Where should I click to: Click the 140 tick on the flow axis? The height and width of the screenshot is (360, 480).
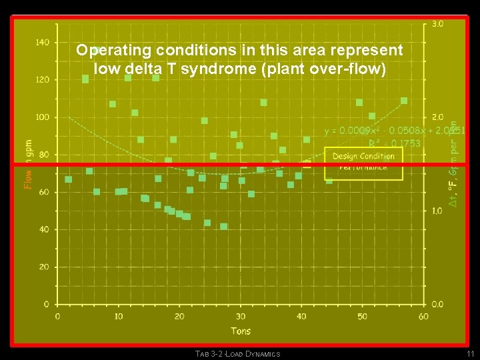(42, 42)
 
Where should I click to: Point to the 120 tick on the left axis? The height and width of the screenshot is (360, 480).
(42, 79)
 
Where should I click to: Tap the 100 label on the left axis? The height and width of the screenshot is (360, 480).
(42, 117)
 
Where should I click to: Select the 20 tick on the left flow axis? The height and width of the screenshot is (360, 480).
(44, 267)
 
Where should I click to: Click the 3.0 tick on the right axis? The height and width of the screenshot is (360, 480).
(438, 23)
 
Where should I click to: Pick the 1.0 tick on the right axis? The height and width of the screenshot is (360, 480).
(438, 211)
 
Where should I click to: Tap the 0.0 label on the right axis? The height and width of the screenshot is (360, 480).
(438, 304)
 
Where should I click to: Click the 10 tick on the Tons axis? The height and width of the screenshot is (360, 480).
(118, 316)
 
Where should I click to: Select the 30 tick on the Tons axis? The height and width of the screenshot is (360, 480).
(241, 316)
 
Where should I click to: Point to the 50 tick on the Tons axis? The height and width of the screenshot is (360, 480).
(363, 316)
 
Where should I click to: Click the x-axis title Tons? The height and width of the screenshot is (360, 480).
(241, 331)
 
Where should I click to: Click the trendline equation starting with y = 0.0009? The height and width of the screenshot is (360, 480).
(393, 131)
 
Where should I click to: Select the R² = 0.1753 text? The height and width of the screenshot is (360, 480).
(395, 143)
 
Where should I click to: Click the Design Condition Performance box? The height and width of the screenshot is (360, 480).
(364, 163)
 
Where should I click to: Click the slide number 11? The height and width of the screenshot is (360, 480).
(470, 353)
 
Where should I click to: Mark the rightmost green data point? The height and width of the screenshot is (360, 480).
(404, 101)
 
